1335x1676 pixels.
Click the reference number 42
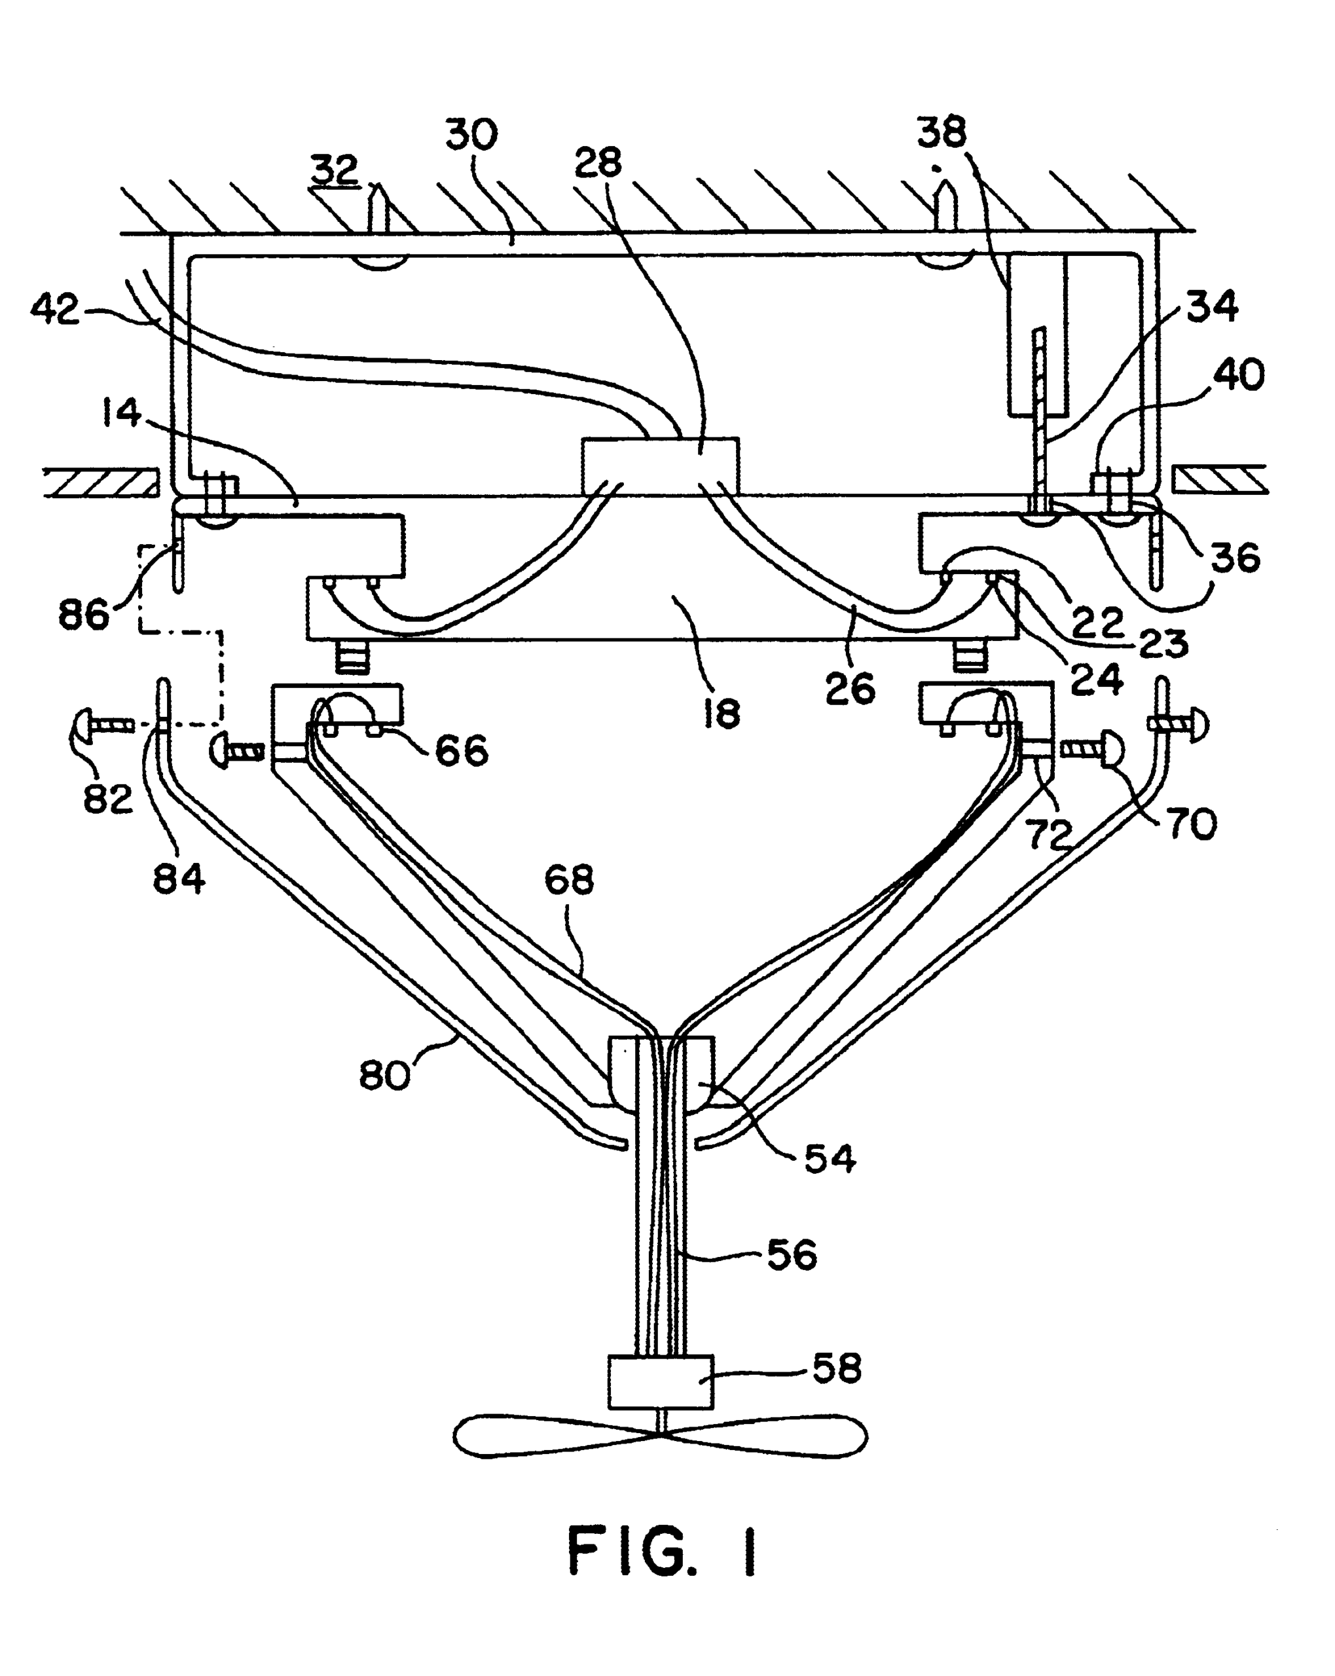54,310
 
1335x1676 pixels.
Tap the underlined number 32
335,170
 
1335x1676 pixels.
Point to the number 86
83,615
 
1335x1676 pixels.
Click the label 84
179,879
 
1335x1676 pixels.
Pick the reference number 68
569,880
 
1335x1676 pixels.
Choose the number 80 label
384,1077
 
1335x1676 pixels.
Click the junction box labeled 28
660,465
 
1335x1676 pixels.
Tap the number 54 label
830,1159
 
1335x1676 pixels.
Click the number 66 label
460,751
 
